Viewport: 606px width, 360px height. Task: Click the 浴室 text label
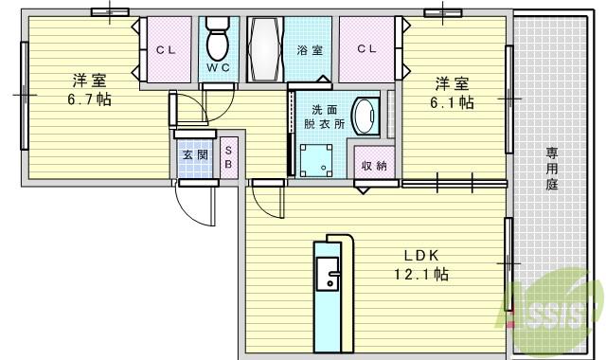click(x=310, y=49)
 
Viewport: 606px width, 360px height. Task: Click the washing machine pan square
click(x=317, y=159)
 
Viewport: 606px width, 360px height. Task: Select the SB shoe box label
click(x=228, y=157)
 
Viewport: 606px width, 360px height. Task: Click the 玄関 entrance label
click(x=196, y=154)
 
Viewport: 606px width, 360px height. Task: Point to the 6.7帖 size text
click(x=90, y=99)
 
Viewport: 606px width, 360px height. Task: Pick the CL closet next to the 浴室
click(x=367, y=49)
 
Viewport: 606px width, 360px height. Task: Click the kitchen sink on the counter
click(x=332, y=279)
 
